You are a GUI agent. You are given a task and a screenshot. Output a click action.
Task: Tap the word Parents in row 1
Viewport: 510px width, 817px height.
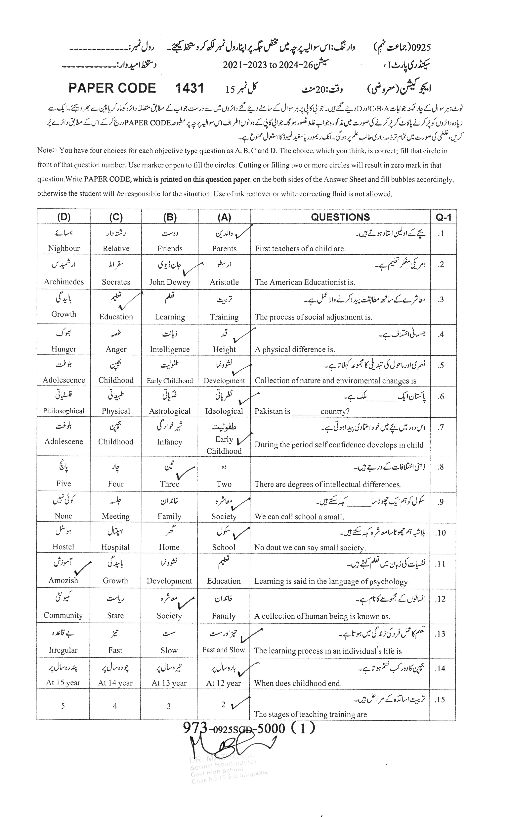click(x=224, y=249)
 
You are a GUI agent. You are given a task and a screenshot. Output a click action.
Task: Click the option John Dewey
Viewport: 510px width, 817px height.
click(x=170, y=282)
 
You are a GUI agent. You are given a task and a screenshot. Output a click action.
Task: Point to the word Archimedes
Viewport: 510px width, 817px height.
click(x=64, y=282)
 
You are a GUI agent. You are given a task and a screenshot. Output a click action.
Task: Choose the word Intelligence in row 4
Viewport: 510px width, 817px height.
click(x=170, y=349)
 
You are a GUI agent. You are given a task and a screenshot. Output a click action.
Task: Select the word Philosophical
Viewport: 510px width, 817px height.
click(x=64, y=411)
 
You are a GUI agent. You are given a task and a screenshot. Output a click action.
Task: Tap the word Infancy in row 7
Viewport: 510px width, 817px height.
click(x=169, y=442)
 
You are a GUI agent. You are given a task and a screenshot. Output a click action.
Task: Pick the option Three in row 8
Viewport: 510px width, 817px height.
click(x=169, y=484)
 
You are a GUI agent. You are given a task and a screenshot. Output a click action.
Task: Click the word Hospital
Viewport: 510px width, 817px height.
click(x=115, y=547)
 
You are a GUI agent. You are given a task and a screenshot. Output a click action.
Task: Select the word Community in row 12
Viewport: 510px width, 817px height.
click(x=63, y=615)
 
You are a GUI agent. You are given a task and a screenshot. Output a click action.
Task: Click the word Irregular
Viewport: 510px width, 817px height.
click(x=63, y=650)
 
